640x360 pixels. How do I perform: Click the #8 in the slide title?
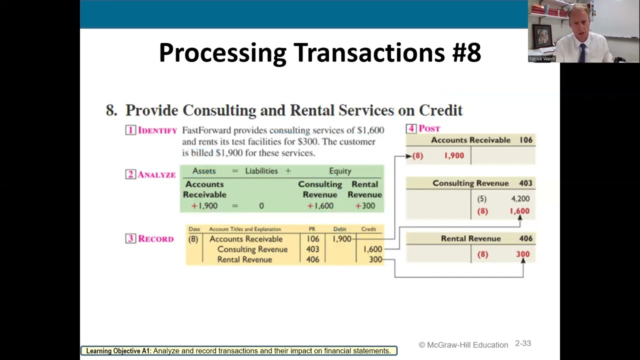pyautogui.click(x=466, y=52)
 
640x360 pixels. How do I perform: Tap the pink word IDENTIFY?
pyautogui.click(x=157, y=130)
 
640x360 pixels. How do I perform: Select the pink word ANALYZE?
pyautogui.click(x=156, y=174)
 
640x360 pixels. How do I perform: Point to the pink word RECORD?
pyautogui.click(x=156, y=238)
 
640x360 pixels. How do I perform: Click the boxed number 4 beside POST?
pyautogui.click(x=411, y=128)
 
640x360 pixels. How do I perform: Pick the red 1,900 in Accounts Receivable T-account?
pyautogui.click(x=454, y=155)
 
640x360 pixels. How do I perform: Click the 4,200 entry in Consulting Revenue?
pyautogui.click(x=520, y=198)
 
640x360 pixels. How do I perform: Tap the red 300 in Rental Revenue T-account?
pyautogui.click(x=523, y=254)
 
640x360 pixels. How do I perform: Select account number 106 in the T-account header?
pyautogui.click(x=525, y=140)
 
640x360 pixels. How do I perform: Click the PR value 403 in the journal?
pyautogui.click(x=312, y=249)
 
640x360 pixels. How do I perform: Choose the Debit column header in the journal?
pyautogui.click(x=339, y=229)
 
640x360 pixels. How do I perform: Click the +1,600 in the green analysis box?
pyautogui.click(x=320, y=205)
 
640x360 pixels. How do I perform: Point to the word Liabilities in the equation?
pyautogui.click(x=261, y=171)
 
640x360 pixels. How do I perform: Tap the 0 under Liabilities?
pyautogui.click(x=261, y=206)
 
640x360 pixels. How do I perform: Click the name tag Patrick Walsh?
pyautogui.click(x=541, y=59)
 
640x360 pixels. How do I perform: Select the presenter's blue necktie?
pyautogui.click(x=582, y=53)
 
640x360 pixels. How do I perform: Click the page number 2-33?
pyautogui.click(x=523, y=343)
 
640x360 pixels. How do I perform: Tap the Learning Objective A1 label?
pyautogui.click(x=118, y=351)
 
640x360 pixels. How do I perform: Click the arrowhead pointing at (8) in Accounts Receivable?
pyautogui.click(x=408, y=156)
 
